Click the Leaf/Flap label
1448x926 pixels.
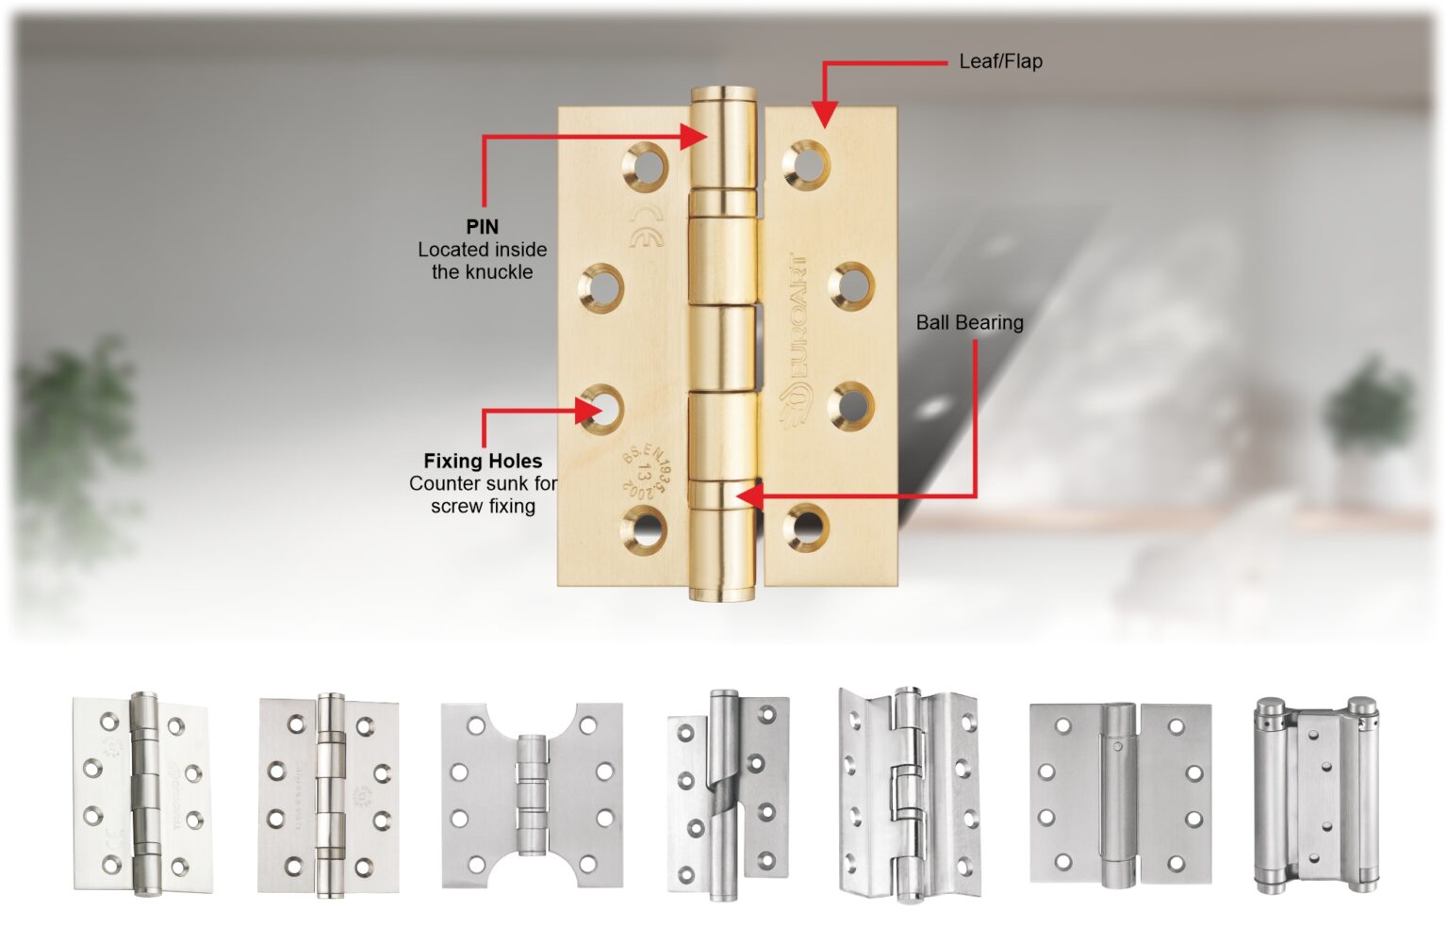(1000, 61)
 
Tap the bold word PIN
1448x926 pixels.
(482, 227)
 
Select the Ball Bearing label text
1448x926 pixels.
(969, 322)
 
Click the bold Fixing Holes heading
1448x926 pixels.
(483, 461)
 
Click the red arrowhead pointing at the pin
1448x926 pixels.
(696, 137)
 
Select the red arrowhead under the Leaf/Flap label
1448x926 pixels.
(824, 115)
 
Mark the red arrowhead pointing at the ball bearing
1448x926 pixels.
(748, 495)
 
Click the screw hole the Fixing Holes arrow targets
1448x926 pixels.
(602, 409)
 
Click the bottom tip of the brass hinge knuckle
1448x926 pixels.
(723, 593)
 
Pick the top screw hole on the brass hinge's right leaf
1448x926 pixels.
(806, 163)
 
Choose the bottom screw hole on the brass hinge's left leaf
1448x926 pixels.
(646, 528)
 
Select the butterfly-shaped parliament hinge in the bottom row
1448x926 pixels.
(532, 795)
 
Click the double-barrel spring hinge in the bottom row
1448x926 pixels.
(1315, 796)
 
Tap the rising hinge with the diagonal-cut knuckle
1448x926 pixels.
(728, 795)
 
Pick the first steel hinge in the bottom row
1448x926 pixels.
(142, 794)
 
